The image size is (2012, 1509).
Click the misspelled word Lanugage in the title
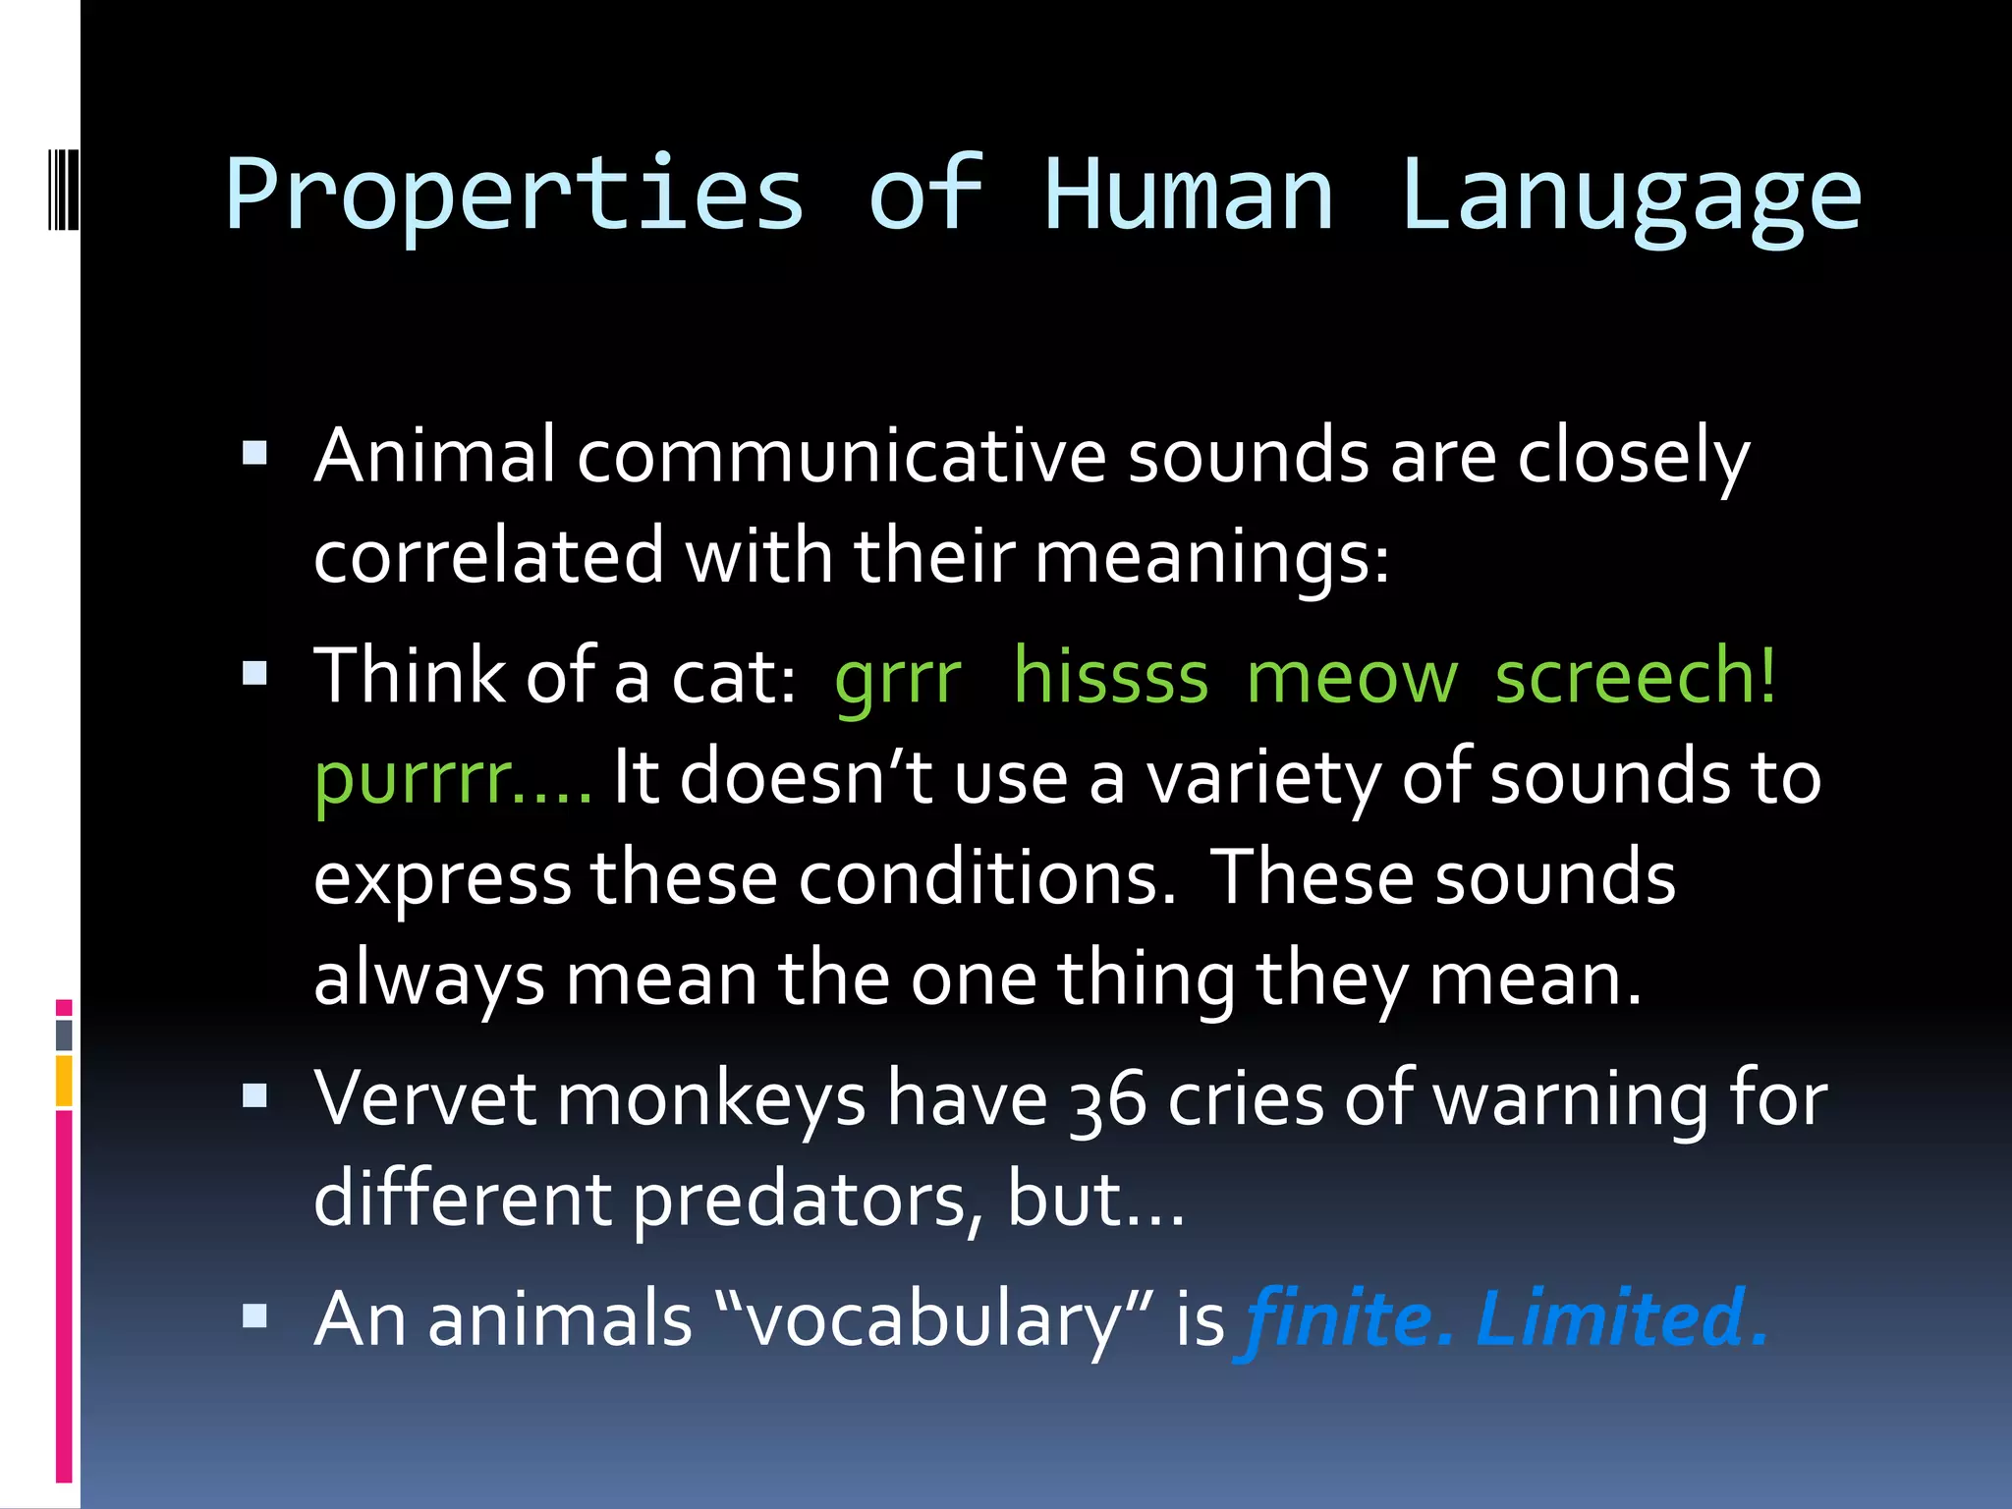(x=1631, y=196)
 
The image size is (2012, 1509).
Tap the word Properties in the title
(x=515, y=196)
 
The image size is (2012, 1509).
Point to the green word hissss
(x=1110, y=678)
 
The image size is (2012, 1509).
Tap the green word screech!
(x=1635, y=678)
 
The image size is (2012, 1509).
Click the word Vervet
(x=424, y=1098)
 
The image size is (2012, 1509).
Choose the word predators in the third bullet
(x=799, y=1201)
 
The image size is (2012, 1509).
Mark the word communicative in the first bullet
(x=841, y=457)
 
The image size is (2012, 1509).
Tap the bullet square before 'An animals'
(x=254, y=1315)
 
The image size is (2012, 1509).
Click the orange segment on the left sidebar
(x=64, y=1081)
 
